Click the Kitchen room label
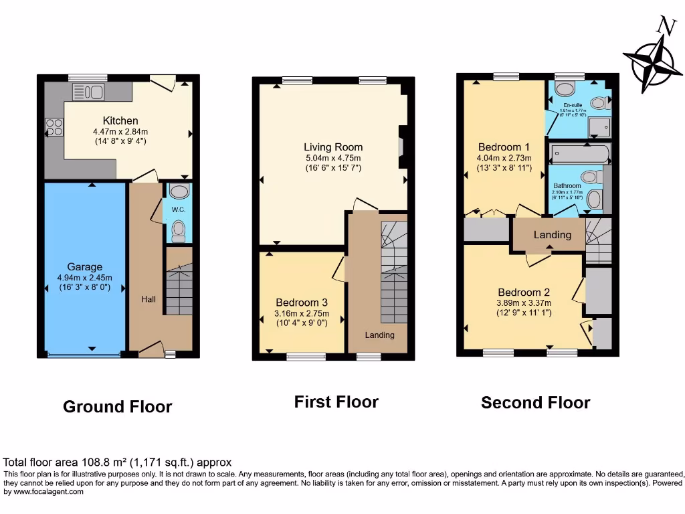120,120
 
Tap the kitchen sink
88,92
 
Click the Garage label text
84,266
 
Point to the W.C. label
178,209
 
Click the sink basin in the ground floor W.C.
179,192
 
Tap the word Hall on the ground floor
149,298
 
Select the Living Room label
333,147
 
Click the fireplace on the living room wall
401,147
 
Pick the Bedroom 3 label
301,303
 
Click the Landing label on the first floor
379,335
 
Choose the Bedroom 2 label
524,292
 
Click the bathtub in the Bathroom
579,155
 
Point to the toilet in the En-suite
565,88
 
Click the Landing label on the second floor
552,235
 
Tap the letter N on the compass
664,27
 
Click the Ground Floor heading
117,406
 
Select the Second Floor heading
535,402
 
